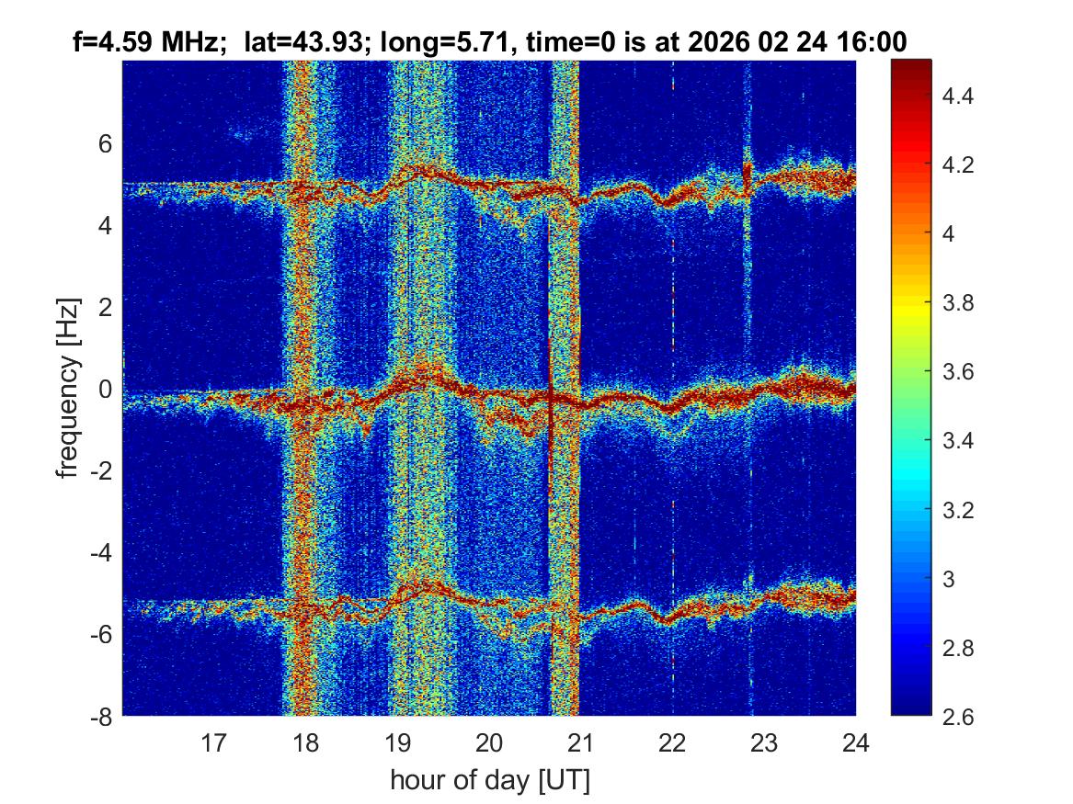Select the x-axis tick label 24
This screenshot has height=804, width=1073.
tap(855, 742)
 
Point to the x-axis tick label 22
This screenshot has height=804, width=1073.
tap(672, 742)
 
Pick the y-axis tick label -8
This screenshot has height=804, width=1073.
tap(99, 717)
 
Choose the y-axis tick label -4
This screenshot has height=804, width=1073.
tap(99, 553)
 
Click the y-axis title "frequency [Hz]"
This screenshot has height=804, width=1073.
tap(68, 389)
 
